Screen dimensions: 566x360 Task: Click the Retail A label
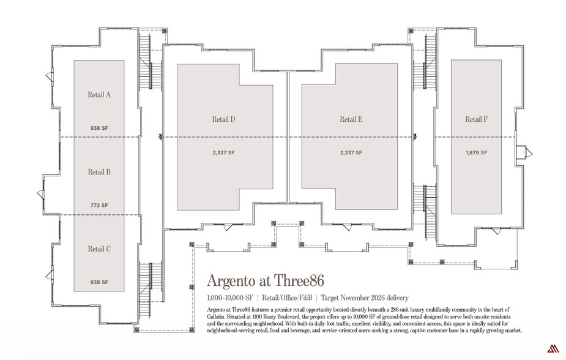[99, 95]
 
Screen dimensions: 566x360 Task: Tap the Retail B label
[99, 172]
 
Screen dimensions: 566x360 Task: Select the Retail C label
[99, 249]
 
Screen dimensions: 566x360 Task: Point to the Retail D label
[223, 119]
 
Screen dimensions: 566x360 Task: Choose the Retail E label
[351, 119]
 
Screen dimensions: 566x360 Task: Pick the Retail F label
[476, 119]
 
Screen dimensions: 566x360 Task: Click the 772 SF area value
[99, 206]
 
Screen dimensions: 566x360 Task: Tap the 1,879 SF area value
[476, 152]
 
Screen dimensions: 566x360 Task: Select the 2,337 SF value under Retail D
[223, 152]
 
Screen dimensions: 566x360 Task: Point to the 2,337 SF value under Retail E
[351, 152]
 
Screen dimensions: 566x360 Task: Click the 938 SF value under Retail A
[99, 128]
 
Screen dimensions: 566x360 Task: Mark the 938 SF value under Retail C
[99, 282]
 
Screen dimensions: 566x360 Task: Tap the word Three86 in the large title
[299, 280]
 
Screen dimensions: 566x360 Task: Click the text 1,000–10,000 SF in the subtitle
[230, 298]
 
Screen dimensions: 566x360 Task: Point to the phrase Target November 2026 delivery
[365, 298]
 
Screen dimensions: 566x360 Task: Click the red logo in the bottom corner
[553, 348]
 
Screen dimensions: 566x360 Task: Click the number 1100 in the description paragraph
[258, 317]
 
